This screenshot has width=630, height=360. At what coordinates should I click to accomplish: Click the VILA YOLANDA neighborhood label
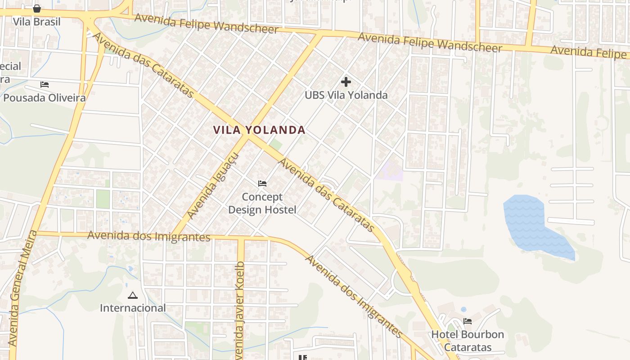click(259, 130)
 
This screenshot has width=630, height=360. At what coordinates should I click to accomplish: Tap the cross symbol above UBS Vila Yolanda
click(346, 82)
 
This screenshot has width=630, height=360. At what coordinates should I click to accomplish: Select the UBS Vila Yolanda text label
click(346, 95)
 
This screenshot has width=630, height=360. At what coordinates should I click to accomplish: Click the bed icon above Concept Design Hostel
click(262, 184)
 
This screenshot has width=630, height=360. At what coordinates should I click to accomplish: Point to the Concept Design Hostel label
click(262, 203)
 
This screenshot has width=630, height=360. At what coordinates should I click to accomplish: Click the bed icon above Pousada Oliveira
click(45, 85)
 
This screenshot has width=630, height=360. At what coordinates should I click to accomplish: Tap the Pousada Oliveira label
click(45, 98)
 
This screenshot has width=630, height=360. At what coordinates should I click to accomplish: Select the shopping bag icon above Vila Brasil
click(37, 9)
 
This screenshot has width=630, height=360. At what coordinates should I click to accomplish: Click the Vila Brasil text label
click(36, 22)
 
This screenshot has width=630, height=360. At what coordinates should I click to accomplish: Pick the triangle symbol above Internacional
click(132, 296)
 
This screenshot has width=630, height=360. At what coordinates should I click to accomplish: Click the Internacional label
click(133, 308)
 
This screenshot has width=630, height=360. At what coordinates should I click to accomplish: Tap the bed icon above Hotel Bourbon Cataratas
click(468, 321)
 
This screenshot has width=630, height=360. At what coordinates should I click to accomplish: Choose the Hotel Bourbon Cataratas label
click(468, 341)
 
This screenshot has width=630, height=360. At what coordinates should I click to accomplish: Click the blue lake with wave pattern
click(526, 220)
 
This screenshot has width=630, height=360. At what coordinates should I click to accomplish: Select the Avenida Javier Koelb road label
click(240, 310)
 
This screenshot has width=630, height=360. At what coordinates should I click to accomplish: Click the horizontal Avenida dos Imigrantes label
click(149, 236)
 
